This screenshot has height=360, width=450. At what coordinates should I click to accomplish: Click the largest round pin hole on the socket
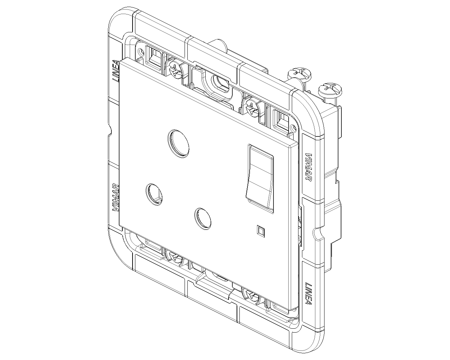(x=178, y=143)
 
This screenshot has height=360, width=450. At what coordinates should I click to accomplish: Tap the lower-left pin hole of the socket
(x=154, y=194)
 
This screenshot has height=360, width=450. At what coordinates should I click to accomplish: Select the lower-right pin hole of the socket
(x=202, y=219)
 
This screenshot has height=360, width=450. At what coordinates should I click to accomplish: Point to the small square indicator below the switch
(x=261, y=231)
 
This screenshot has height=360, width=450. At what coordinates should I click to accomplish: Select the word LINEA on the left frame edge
(x=116, y=71)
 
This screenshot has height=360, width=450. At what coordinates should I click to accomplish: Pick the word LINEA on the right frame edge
(x=308, y=293)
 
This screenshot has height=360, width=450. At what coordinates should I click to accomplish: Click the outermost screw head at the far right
(x=330, y=90)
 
